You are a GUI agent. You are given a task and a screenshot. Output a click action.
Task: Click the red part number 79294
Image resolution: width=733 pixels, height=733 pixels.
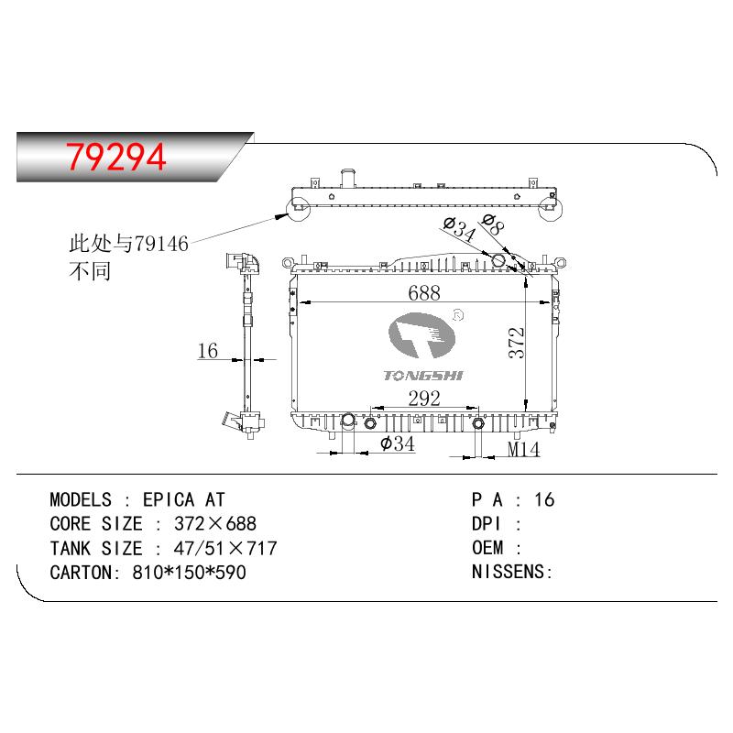[116, 157]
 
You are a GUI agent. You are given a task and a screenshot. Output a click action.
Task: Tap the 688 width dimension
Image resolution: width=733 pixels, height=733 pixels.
[424, 293]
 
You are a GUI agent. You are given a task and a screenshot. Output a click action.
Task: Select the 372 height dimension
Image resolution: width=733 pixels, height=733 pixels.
[517, 343]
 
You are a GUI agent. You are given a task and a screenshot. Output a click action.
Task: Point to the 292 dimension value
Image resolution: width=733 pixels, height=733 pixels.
[424, 399]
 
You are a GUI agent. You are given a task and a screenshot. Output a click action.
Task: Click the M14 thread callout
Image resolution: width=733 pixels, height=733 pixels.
[523, 449]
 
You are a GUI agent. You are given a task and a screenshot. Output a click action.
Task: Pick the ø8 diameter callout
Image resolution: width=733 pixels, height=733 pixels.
[493, 224]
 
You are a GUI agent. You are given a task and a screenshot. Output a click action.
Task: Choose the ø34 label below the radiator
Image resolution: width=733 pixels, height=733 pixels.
[398, 443]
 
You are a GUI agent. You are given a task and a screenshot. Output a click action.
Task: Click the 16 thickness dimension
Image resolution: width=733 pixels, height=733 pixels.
[208, 351]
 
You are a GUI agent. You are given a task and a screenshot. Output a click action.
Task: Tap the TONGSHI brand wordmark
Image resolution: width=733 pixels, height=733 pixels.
[423, 376]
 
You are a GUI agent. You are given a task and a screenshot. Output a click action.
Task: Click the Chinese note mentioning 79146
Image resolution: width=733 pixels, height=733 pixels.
[128, 257]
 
